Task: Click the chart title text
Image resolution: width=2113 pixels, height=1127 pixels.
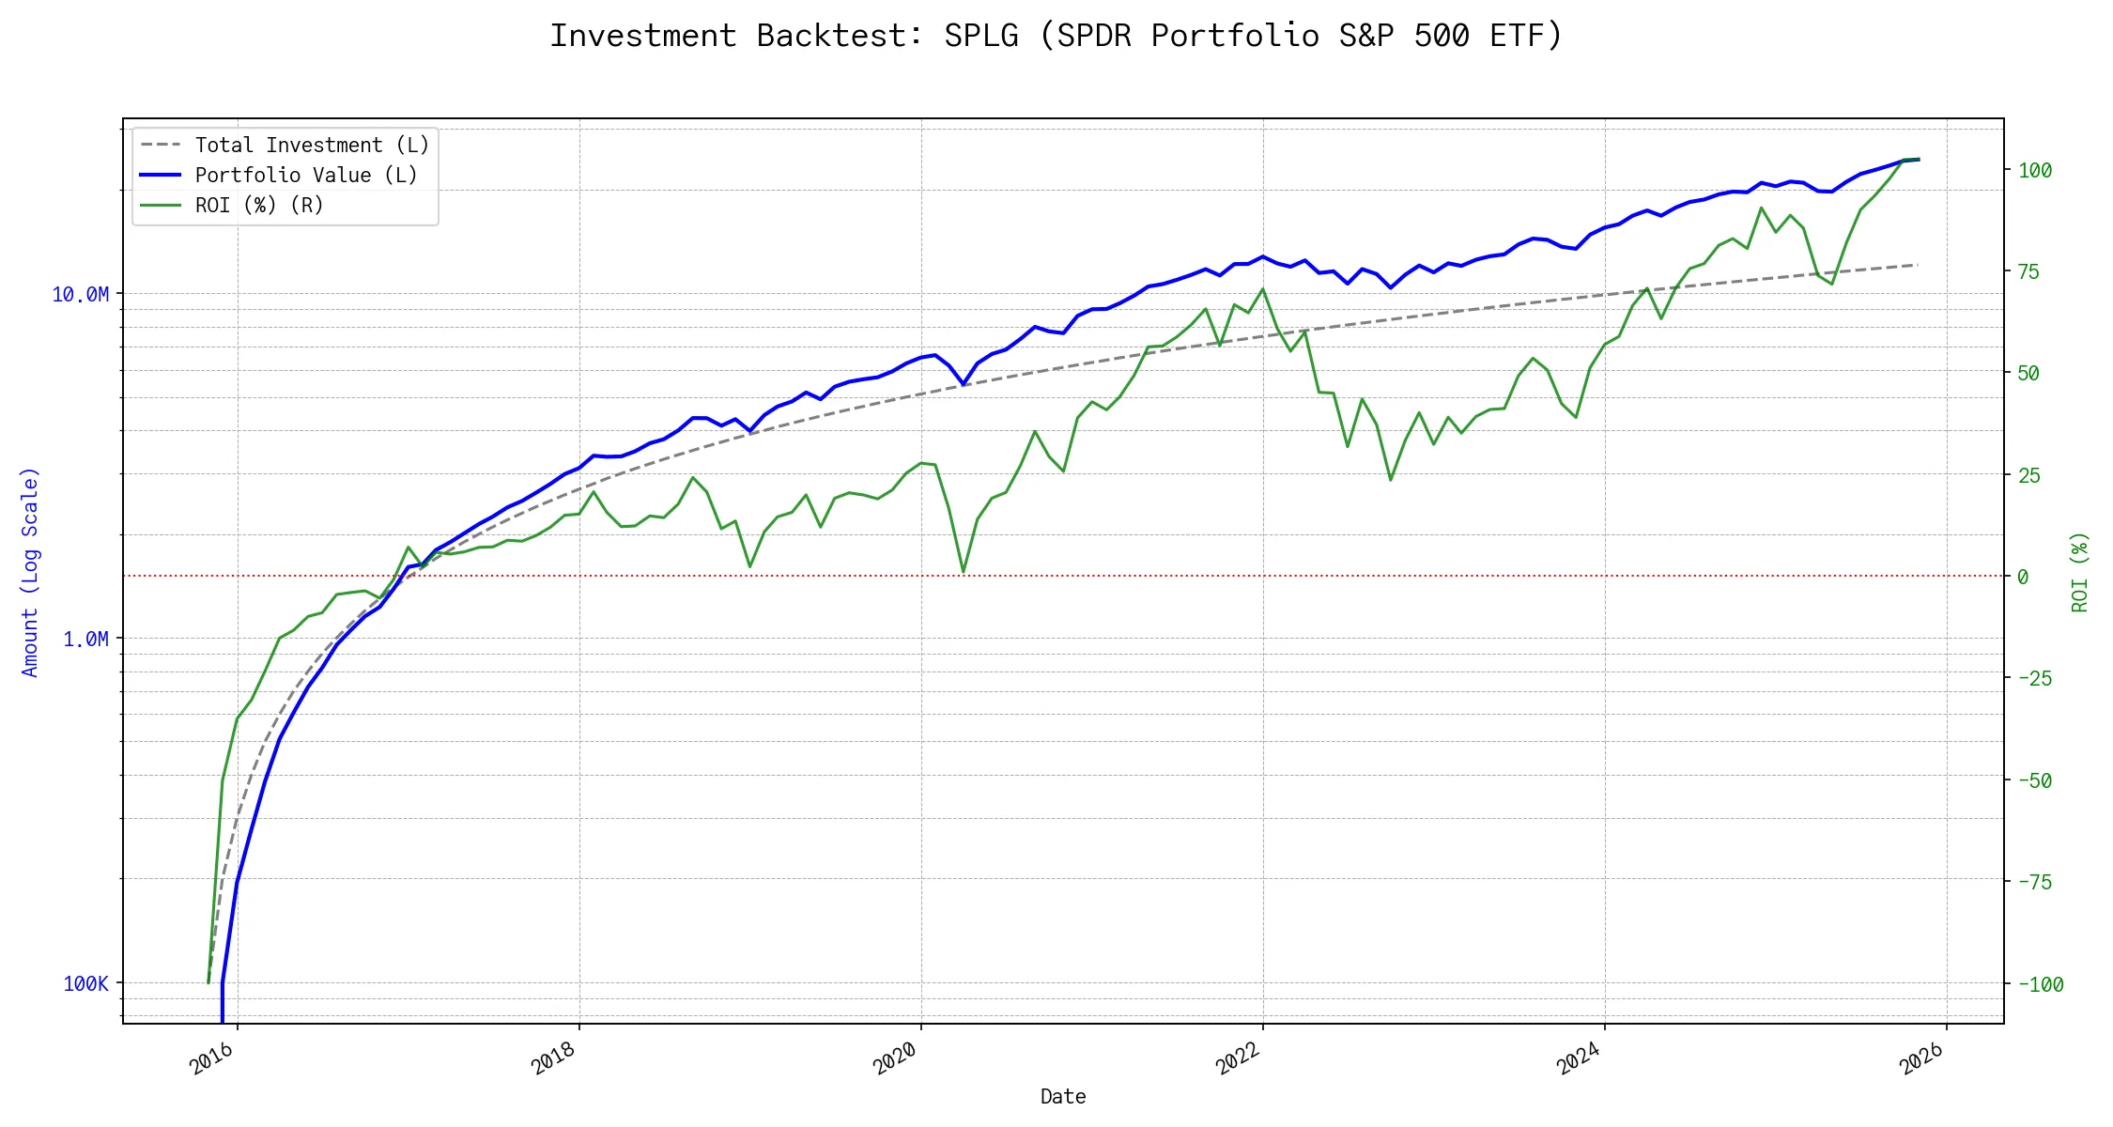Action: pos(1056,36)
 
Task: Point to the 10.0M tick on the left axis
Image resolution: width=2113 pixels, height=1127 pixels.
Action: pos(81,295)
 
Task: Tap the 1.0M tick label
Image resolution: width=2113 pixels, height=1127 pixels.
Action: pos(85,640)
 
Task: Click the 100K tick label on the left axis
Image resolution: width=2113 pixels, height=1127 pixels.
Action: pos(86,984)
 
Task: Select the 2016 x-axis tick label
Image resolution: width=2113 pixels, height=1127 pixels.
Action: pos(211,1058)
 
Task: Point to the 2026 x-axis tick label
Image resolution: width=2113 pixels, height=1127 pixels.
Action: pos(1920,1058)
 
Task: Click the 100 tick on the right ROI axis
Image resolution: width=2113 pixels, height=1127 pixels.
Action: pos(2035,171)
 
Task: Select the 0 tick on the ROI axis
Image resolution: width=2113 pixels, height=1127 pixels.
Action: pos(2023,577)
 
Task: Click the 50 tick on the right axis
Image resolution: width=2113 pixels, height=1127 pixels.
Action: pos(2028,374)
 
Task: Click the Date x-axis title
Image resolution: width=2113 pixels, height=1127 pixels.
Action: pos(1063,1097)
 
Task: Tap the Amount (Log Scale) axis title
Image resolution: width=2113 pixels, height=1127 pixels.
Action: pos(30,572)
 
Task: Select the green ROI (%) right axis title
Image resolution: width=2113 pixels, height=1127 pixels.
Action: pos(2080,572)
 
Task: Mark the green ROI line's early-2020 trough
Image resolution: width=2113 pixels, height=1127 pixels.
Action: pos(964,571)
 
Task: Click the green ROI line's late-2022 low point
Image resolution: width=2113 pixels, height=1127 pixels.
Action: pos(1391,480)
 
